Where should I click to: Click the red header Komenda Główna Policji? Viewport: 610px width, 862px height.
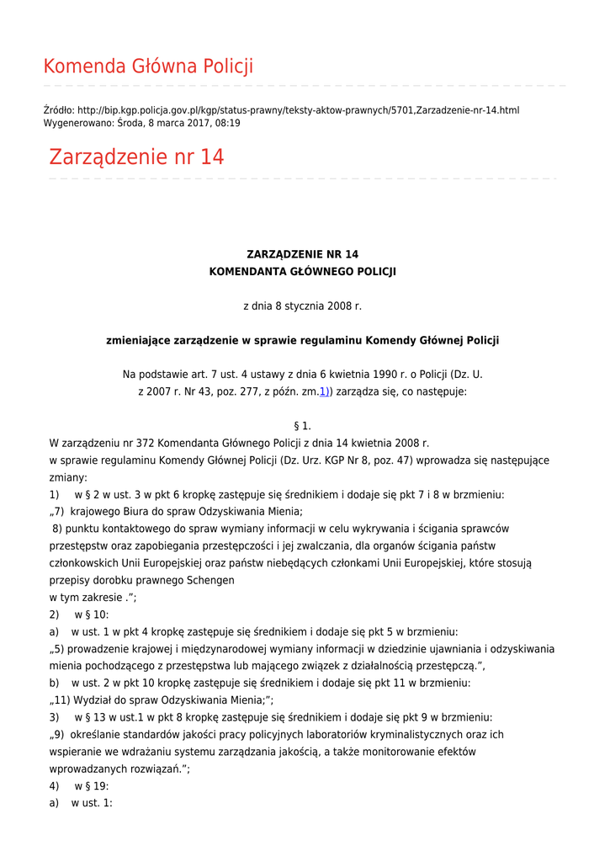[x=148, y=67]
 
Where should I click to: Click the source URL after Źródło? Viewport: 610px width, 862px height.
[x=298, y=110]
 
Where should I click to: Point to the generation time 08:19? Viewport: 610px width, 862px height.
[x=227, y=123]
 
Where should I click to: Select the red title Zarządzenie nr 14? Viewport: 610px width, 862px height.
[x=136, y=157]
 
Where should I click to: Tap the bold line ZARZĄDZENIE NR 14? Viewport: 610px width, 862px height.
[x=302, y=254]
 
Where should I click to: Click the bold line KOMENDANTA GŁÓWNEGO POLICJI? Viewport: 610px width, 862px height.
[x=302, y=272]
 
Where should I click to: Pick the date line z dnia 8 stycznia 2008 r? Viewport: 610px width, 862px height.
[x=302, y=306]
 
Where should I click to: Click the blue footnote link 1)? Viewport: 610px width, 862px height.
[x=323, y=391]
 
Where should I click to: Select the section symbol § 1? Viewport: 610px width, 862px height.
[x=302, y=426]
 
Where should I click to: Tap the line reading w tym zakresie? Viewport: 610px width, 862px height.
[x=93, y=598]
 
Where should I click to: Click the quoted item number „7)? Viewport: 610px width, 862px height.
[x=57, y=512]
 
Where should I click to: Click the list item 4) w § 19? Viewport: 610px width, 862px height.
[x=79, y=786]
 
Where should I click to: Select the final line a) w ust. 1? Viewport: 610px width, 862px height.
[x=81, y=803]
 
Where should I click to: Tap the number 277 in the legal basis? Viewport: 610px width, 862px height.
[x=251, y=391]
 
